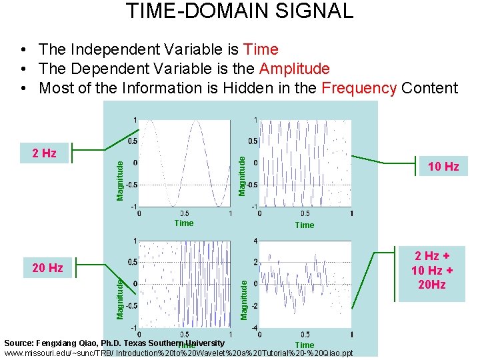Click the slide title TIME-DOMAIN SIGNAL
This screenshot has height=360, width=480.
tap(239, 11)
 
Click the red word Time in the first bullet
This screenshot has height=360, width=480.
tap(261, 49)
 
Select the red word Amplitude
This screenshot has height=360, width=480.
tap(294, 69)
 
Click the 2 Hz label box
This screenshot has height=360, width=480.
tap(44, 153)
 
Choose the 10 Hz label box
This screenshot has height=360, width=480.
tap(443, 167)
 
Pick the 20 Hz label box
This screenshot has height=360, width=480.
tap(47, 268)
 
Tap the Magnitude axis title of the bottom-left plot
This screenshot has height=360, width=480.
tap(120, 299)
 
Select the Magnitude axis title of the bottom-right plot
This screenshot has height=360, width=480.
tap(244, 299)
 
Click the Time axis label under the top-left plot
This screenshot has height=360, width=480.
tap(184, 223)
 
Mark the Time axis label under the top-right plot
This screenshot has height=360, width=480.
tap(305, 225)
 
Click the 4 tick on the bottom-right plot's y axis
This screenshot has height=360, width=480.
tap(256, 241)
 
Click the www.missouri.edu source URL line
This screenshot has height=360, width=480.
tap(179, 353)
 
